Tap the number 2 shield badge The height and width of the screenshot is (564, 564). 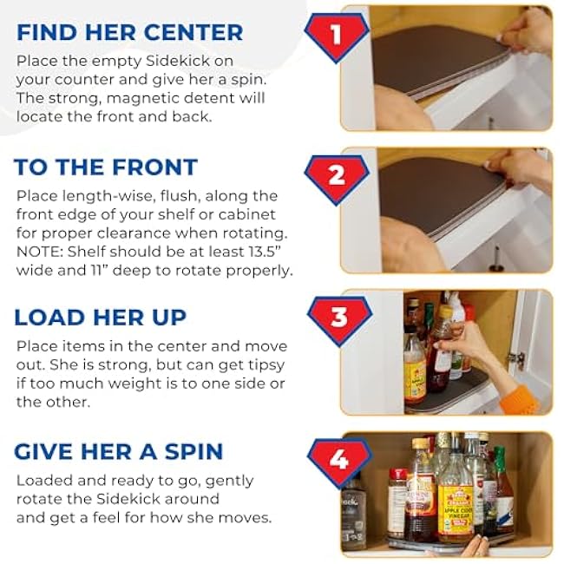coord(337,179)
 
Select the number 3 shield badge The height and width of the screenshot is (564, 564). coord(339,320)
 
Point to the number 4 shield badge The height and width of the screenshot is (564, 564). coord(339,463)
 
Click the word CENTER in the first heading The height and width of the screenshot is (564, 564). coord(193,33)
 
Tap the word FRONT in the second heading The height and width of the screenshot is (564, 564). coord(154,167)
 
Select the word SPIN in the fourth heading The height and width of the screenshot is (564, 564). coord(193,451)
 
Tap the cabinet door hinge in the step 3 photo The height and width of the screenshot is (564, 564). coord(517,360)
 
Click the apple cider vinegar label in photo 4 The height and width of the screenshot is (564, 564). coord(456,509)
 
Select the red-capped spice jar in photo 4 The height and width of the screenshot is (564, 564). coord(397,499)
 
